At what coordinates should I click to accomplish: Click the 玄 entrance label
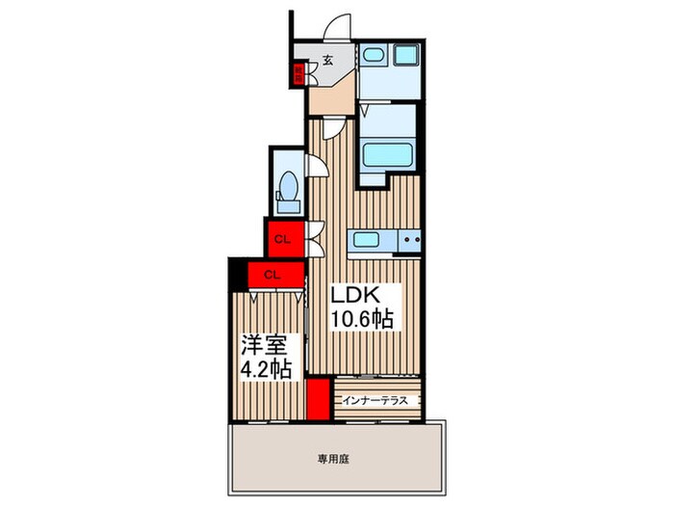pyautogui.click(x=327, y=60)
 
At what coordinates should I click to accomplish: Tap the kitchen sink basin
pyautogui.click(x=366, y=240)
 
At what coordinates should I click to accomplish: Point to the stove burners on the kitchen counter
pyautogui.click(x=411, y=240)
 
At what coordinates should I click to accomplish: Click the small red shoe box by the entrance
pyautogui.click(x=299, y=71)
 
